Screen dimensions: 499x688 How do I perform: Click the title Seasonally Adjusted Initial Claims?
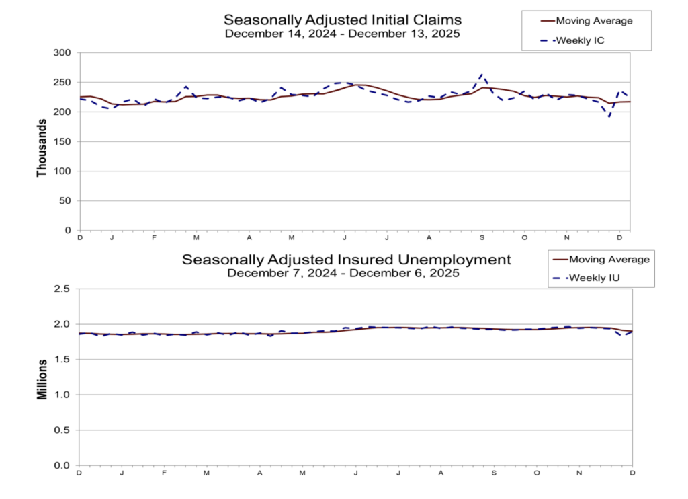343,19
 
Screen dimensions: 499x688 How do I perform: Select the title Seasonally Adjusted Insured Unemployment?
347,259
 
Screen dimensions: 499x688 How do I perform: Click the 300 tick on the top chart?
62,52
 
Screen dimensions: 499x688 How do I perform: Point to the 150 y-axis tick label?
62,141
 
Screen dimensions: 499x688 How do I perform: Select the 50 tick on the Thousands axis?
64,200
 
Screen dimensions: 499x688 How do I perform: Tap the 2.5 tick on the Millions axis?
62,289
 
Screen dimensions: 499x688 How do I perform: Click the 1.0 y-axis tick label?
62,395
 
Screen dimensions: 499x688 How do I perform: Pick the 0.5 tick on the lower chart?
62,430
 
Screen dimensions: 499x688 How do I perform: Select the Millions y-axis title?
42,378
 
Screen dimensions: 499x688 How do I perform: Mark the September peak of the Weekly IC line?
482,75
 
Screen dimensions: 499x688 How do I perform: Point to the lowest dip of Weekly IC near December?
609,117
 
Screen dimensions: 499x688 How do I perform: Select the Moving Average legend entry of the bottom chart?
599,259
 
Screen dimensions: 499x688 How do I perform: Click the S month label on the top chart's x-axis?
482,238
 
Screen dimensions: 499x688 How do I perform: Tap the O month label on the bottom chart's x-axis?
537,473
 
